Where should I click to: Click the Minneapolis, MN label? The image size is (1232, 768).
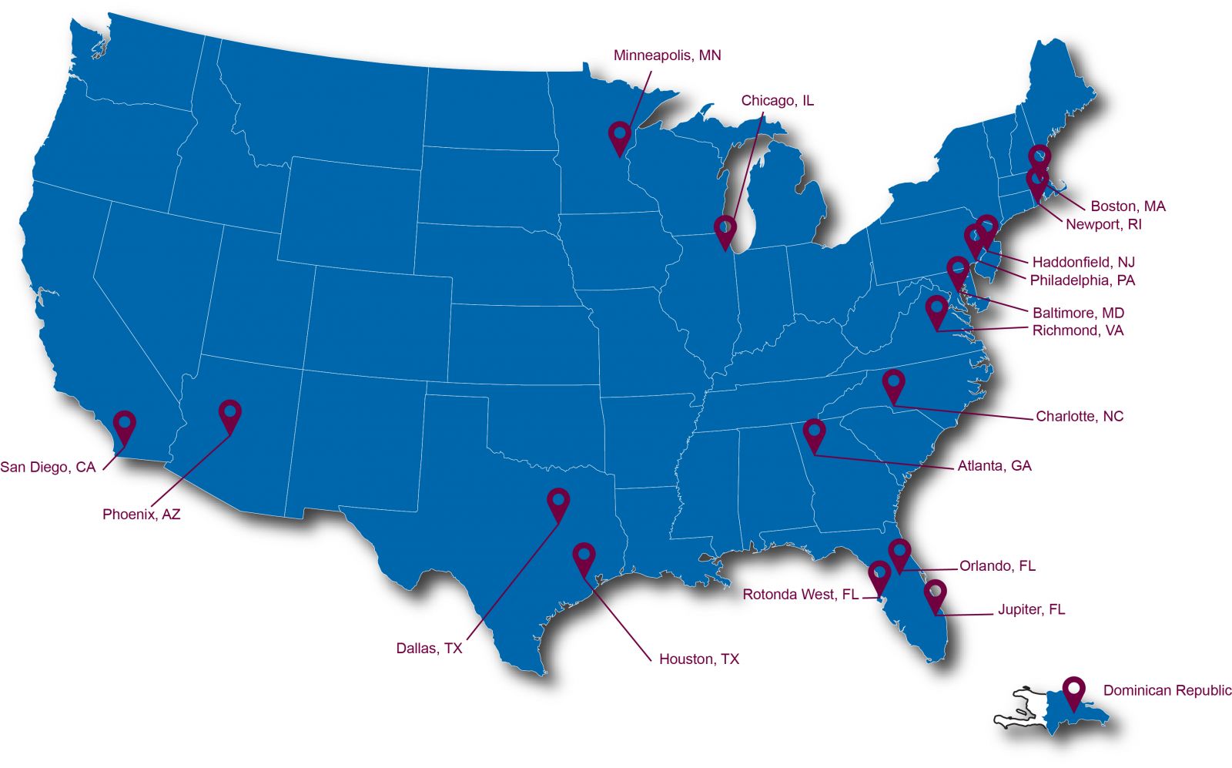click(x=667, y=55)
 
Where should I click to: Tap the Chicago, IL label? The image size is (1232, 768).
click(x=777, y=101)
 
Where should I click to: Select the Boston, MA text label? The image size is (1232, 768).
click(x=1127, y=206)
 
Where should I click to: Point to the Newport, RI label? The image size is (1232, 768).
click(x=1103, y=224)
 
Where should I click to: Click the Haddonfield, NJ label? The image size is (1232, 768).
click(x=1083, y=262)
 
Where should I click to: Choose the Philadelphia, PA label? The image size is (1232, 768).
click(x=1082, y=280)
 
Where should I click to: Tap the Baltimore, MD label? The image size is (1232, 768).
click(x=1078, y=313)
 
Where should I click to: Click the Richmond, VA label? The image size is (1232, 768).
click(x=1077, y=330)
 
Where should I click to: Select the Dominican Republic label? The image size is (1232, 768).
click(x=1167, y=690)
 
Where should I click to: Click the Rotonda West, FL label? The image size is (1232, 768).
click(x=800, y=595)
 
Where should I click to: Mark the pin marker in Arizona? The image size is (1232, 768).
click(x=229, y=414)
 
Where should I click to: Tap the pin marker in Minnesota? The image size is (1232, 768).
click(x=619, y=135)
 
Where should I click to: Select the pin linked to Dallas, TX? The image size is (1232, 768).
click(x=558, y=501)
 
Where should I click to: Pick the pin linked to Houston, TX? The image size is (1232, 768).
click(x=584, y=556)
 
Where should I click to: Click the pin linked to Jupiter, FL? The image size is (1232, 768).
click(x=935, y=593)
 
